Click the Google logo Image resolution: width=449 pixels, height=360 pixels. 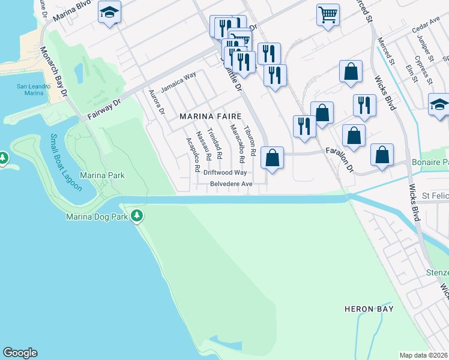[x=20, y=353]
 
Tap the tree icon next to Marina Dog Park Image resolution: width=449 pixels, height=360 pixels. [x=137, y=215]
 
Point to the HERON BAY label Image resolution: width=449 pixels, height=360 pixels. [x=369, y=309]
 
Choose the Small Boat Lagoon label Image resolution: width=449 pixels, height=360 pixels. [x=67, y=161]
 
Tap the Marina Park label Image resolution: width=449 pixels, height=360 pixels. [x=103, y=175]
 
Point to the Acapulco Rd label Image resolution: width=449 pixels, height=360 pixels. [x=192, y=154]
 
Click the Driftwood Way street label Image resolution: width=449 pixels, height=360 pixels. [x=225, y=172]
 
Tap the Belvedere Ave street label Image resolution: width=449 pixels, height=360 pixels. [x=231, y=184]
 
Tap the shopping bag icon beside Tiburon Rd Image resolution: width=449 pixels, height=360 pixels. [x=273, y=158]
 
